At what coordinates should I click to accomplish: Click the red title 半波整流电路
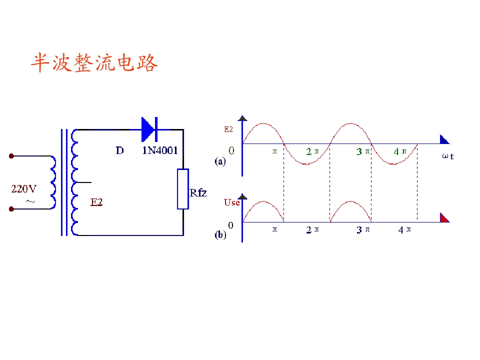pos(94,63)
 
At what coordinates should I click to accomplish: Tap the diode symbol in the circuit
pos(149,129)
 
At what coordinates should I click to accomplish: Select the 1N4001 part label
pos(160,150)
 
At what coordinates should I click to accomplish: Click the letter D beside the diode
pos(119,150)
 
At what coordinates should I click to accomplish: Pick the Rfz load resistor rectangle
pos(183,189)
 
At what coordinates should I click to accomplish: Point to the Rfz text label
pos(198,193)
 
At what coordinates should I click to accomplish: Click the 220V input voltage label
pos(24,189)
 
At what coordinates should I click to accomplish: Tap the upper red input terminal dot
pos(11,156)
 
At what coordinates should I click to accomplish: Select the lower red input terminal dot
pos(11,209)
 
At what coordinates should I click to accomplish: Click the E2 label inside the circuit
pos(96,202)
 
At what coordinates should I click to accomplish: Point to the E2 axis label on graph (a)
pos(228,129)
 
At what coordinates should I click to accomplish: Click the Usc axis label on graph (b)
pos(231,202)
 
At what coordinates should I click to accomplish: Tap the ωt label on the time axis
pos(448,156)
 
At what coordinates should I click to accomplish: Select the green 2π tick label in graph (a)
pos(312,151)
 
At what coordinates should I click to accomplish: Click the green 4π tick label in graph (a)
pos(400,151)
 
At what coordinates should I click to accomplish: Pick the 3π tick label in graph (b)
pos(363,230)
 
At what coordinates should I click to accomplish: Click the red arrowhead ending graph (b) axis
pos(444,217)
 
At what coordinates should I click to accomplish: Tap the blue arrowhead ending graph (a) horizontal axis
pos(444,139)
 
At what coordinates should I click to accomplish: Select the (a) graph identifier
pos(220,161)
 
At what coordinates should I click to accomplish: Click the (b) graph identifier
pos(220,235)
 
